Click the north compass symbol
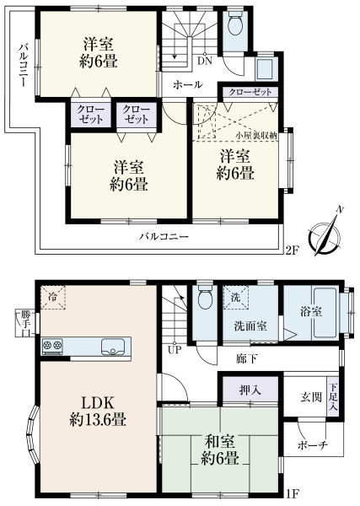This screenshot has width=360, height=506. [x=325, y=235]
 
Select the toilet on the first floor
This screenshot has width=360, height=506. [x=205, y=297]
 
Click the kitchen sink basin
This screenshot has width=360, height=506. [x=113, y=347]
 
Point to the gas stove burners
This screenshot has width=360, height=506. [x=52, y=346]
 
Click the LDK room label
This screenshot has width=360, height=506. [x=98, y=403]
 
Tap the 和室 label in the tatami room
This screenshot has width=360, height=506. [x=220, y=441]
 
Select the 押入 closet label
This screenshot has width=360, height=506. [x=250, y=390]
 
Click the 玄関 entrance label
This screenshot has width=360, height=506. [x=311, y=397]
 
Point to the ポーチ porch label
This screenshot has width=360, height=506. [x=313, y=445]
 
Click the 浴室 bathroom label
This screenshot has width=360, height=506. [x=310, y=312]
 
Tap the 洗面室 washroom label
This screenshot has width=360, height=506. [x=250, y=326]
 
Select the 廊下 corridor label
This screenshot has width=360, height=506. [x=247, y=358]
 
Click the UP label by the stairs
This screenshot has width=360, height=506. [x=175, y=350]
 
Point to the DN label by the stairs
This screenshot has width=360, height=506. [x=205, y=62]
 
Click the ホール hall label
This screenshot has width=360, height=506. [x=188, y=85]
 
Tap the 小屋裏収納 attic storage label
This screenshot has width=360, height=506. [x=256, y=136]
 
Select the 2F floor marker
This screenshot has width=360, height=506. [x=293, y=250]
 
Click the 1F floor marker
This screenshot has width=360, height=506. [x=293, y=503]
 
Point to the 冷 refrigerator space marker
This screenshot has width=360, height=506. [x=52, y=297]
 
